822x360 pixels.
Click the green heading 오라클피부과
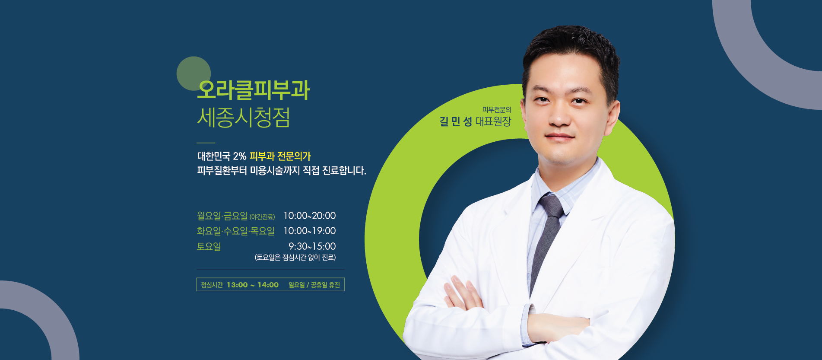[254, 90]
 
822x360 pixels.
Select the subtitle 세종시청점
[244, 117]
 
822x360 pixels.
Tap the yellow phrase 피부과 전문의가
[280, 156]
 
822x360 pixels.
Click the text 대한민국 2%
[222, 156]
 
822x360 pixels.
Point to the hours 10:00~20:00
[309, 216]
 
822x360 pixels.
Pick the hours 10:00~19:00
[309, 231]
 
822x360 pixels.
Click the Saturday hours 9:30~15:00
[312, 246]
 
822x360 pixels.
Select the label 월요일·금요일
[222, 216]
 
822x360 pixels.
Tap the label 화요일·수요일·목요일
[236, 231]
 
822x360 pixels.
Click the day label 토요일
[209, 246]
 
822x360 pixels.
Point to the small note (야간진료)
[262, 217]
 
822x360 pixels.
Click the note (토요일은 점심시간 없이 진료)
[295, 258]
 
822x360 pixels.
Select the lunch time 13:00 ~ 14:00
[253, 285]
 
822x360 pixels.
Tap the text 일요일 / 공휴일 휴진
[314, 285]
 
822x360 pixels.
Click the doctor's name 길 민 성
[456, 121]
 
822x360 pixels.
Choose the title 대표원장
[493, 121]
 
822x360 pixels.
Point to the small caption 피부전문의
[497, 110]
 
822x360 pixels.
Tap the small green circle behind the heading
[194, 73]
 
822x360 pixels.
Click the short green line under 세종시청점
[206, 143]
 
